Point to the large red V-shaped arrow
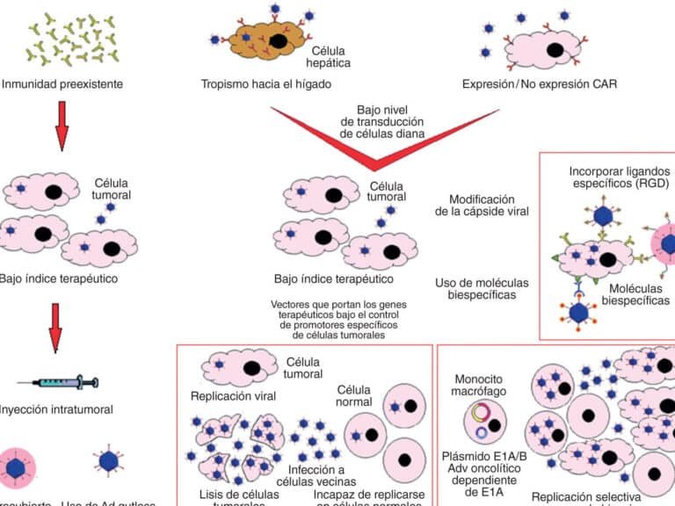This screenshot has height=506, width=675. coord(376,141)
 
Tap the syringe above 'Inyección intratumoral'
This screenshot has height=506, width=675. coord(61,383)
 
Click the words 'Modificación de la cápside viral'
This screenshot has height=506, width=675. coord(482,207)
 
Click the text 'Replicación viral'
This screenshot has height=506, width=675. coord(233,396)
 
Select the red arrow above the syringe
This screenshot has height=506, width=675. coord(54,328)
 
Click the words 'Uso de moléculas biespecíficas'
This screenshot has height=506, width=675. coord(482,289)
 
